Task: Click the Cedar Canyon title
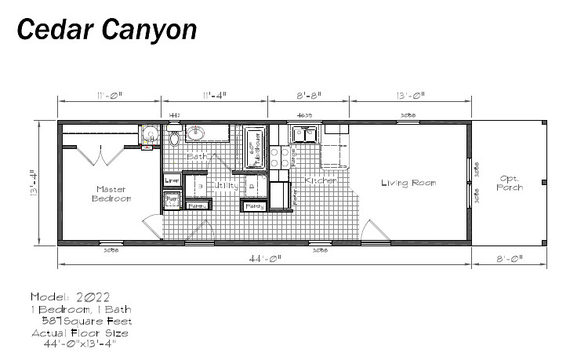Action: [x=107, y=30]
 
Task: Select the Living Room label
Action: [x=408, y=183]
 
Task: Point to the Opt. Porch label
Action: [x=510, y=183]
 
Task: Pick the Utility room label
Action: [x=226, y=186]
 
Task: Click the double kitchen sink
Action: [x=304, y=134]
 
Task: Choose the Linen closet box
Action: [x=172, y=180]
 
